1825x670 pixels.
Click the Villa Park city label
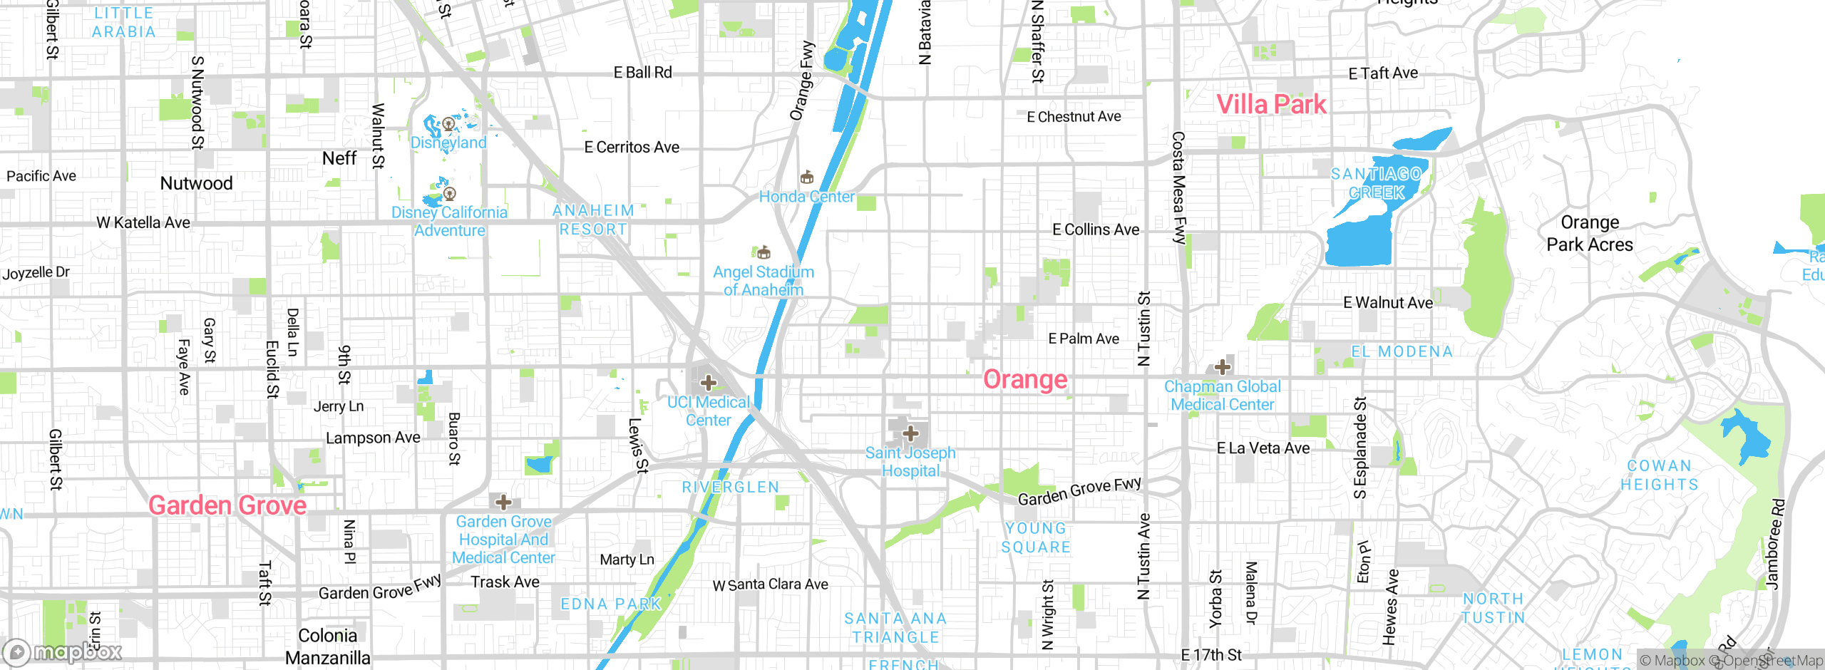pos(1270,105)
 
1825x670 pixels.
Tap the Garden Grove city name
pos(227,505)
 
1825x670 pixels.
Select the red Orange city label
pos(1025,380)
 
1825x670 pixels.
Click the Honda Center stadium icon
pos(807,177)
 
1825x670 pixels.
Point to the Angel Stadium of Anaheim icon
pos(764,252)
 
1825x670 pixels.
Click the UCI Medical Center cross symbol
pos(708,383)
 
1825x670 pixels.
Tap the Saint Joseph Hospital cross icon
pos(910,433)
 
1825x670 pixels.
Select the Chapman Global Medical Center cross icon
pos(1223,367)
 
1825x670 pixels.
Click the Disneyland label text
pos(448,143)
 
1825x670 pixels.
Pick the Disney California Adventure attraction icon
pos(449,193)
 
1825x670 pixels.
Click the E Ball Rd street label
pos(642,73)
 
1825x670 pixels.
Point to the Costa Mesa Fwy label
pos(1178,187)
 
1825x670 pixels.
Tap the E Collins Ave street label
pos(1096,230)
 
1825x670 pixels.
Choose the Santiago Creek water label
pos(1377,183)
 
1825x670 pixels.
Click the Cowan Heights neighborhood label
pos(1659,475)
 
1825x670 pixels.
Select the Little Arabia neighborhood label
pos(124,22)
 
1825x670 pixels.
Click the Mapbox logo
pos(63,651)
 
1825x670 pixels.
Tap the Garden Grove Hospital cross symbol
pos(503,502)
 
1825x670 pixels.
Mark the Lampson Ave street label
pos(373,438)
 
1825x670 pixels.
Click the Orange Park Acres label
pos(1590,234)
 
